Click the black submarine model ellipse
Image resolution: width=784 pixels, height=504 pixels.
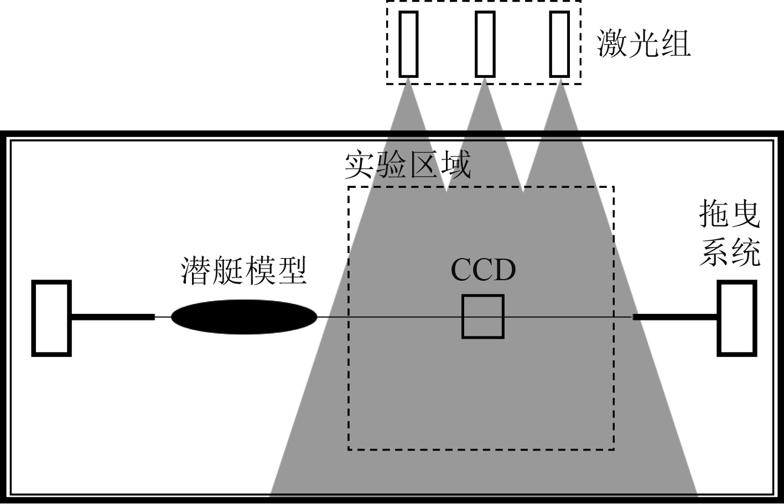coord(244,317)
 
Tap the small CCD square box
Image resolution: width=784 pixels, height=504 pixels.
coord(483,317)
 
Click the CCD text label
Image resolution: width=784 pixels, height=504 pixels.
coord(483,270)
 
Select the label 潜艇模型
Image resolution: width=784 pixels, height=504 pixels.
coord(244,270)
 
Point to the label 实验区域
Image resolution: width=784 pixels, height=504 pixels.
coord(408,165)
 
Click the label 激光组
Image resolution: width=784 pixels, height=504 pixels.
coord(644,43)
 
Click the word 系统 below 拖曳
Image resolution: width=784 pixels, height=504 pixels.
coord(730,254)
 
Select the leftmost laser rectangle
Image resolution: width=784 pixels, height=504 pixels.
coord(408,43)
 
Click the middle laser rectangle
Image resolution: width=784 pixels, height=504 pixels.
coord(485,43)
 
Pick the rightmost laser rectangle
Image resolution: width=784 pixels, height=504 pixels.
coord(559,43)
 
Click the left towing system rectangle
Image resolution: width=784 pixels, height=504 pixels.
coord(51,318)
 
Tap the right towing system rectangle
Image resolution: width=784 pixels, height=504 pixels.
coord(736,318)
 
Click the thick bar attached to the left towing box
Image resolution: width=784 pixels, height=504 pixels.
coord(113,317)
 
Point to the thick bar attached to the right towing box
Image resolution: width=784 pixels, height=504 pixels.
coord(675,317)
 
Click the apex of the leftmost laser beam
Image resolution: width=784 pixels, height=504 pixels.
coord(408,81)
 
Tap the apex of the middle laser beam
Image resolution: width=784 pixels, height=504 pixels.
coord(485,81)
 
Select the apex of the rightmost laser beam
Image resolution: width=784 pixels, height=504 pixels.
coord(560,81)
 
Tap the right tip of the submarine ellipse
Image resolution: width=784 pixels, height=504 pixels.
coord(316,317)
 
